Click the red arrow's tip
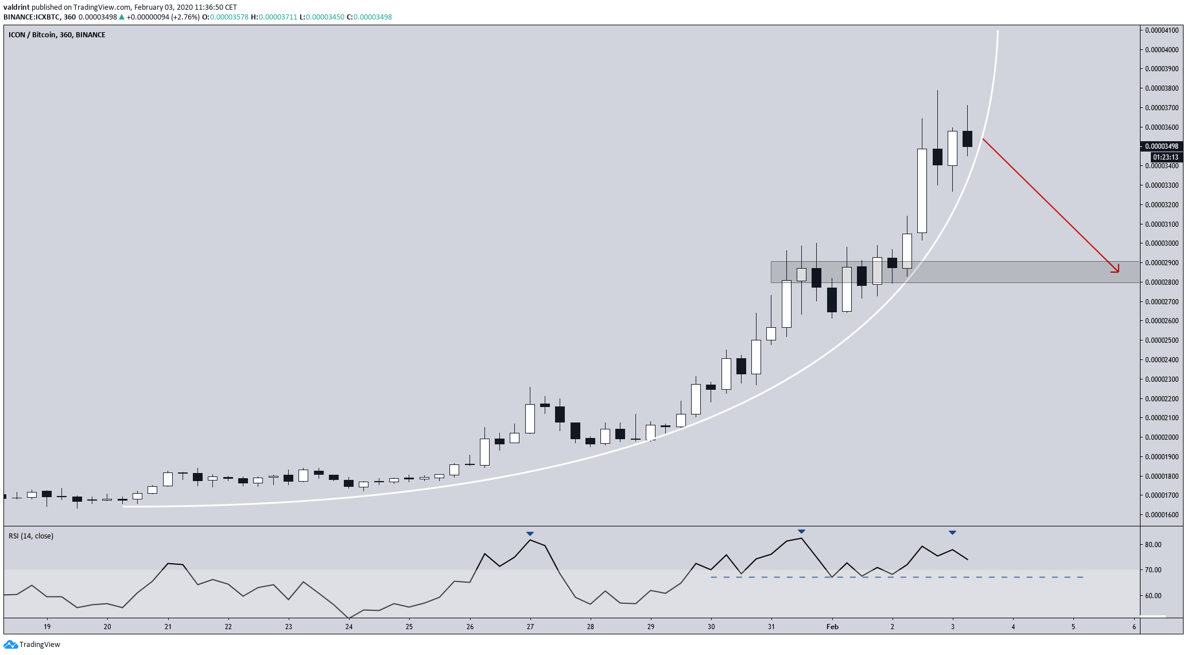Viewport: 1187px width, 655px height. click(1118, 272)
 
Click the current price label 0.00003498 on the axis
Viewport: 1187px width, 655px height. click(1162, 146)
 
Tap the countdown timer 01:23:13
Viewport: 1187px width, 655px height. click(1165, 157)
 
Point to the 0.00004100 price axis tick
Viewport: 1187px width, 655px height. click(1162, 30)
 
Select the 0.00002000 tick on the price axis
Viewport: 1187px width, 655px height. click(1162, 437)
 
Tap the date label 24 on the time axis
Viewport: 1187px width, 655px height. click(349, 627)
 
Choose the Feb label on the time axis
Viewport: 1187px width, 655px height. click(832, 627)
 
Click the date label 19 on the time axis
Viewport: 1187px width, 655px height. click(47, 627)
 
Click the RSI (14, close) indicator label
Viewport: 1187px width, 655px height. click(31, 536)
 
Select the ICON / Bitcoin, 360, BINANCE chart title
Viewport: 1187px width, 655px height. click(57, 35)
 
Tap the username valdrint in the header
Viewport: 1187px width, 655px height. click(17, 7)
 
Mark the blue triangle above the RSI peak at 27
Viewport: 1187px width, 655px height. click(530, 534)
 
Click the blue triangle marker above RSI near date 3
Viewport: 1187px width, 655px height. click(952, 533)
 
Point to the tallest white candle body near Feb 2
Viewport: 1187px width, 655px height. click(922, 191)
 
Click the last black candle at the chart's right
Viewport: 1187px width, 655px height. click(967, 139)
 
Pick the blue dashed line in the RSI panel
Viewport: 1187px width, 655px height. click(895, 577)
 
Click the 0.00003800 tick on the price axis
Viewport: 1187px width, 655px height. click(1162, 88)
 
